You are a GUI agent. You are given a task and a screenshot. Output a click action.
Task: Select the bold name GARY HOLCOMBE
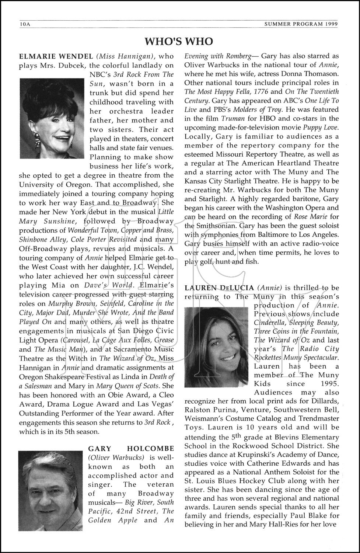point(131,449)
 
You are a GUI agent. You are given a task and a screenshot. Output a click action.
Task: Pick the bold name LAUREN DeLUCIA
point(219,288)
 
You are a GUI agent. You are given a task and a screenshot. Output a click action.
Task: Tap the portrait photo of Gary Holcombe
point(50,490)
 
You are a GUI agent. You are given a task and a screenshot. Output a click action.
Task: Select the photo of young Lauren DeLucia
point(216,347)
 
